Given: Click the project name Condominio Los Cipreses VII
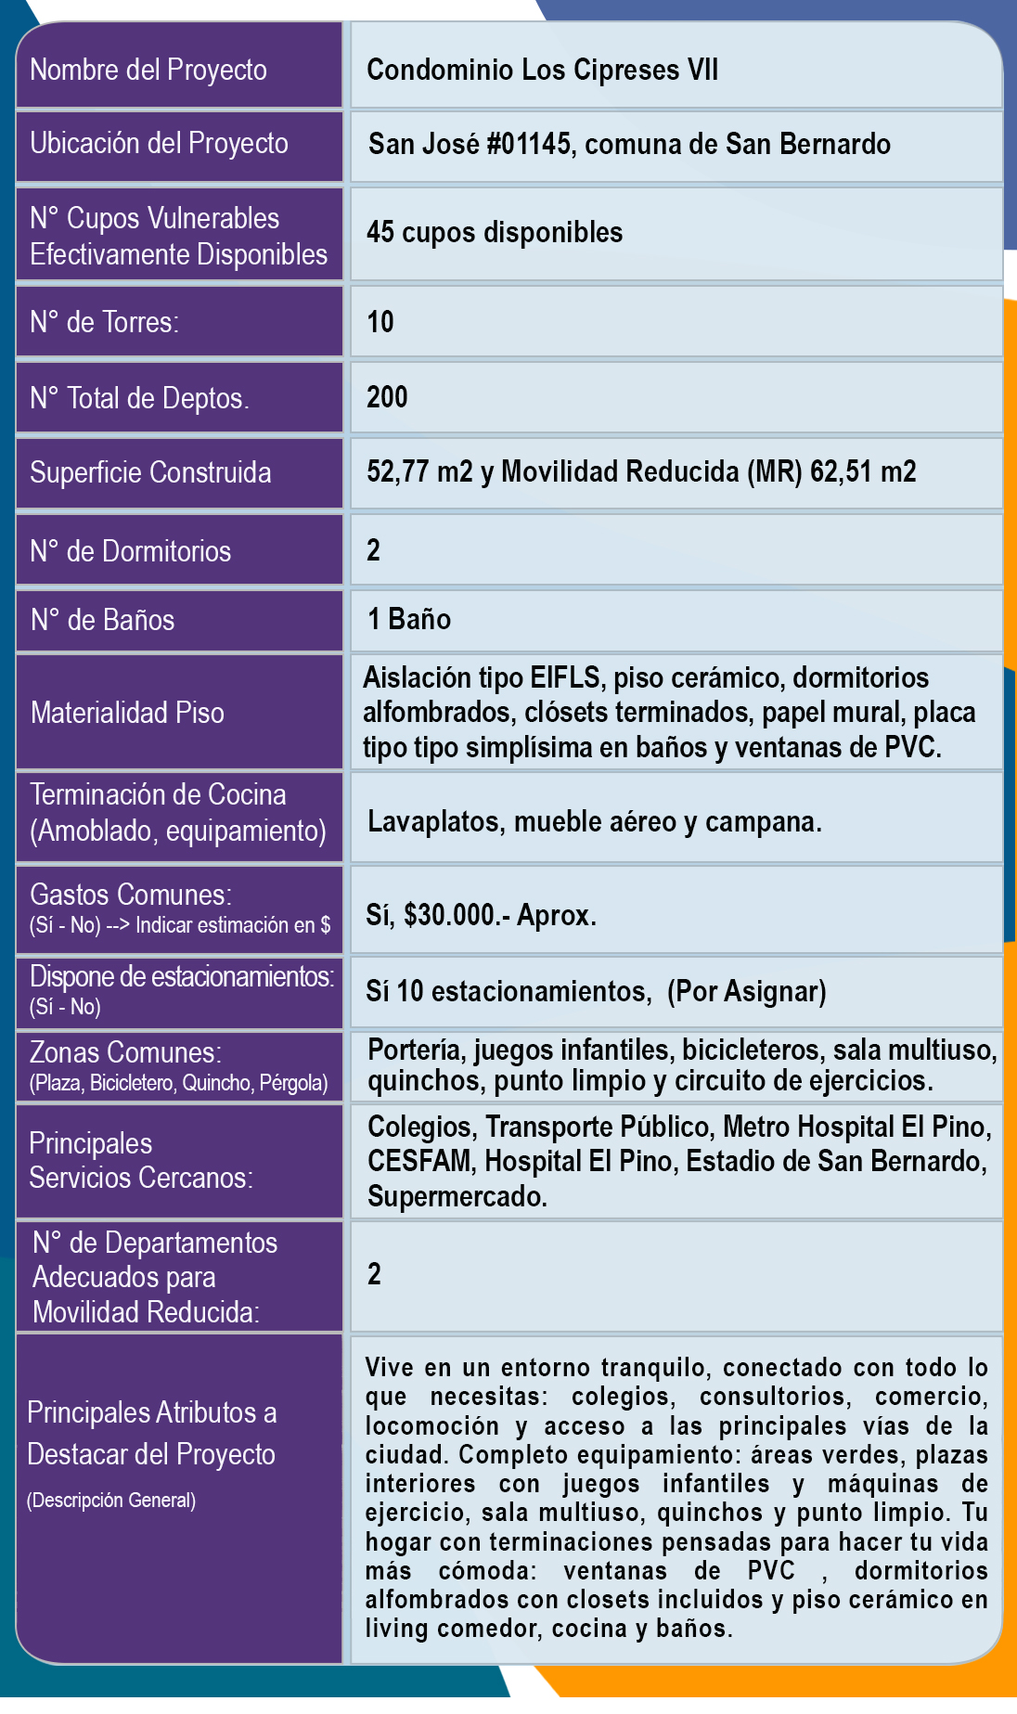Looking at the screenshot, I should tap(542, 70).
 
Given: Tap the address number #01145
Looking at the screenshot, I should tap(527, 144).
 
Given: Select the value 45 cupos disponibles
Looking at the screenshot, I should tap(495, 232).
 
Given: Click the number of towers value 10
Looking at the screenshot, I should tap(380, 322).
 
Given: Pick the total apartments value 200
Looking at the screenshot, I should tap(387, 397).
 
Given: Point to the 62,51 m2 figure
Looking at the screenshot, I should tap(863, 471).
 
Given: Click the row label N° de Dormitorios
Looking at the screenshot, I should tap(130, 551).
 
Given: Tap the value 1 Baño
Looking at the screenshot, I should tap(409, 619).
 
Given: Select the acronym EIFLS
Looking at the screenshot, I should tap(565, 677).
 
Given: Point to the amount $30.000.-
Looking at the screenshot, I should tap(457, 915).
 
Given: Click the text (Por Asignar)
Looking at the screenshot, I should tap(746, 991).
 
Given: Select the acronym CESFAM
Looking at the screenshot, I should tap(420, 1161).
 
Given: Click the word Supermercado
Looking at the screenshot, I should tap(457, 1196).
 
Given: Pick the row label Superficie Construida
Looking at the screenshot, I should tap(150, 472).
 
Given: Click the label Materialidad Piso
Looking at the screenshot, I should tap(127, 713).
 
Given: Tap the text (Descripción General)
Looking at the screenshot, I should tap(111, 1501).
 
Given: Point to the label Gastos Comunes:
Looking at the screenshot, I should tap(131, 895).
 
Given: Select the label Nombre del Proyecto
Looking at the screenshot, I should tap(148, 70).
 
